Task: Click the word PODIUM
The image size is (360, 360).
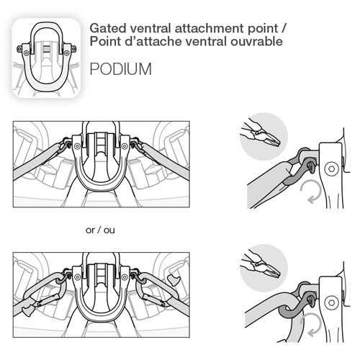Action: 120,69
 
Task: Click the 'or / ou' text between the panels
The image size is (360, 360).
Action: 100,230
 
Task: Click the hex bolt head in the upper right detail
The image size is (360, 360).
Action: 331,168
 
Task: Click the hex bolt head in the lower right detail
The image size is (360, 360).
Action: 331,302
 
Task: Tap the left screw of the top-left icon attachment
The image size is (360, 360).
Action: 26,52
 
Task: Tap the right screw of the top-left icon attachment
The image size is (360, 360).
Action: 66,52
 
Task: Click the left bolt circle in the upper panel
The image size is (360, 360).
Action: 77,146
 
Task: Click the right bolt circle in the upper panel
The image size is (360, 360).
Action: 125,146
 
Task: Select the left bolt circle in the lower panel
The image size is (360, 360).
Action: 77,277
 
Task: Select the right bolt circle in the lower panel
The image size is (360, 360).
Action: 125,277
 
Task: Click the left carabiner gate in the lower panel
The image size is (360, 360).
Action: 47,300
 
